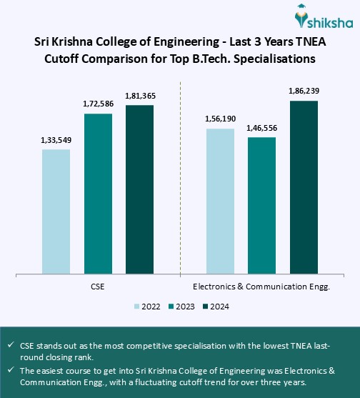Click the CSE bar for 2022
(56, 212)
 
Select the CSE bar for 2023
(98, 194)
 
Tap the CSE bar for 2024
(140, 189)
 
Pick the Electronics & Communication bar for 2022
(220, 201)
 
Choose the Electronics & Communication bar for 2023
(261, 205)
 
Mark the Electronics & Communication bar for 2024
(304, 187)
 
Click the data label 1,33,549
(56, 139)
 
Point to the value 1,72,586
(98, 104)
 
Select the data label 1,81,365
(140, 96)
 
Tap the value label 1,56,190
(220, 120)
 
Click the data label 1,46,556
(261, 128)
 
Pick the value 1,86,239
(304, 91)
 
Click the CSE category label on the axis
(98, 287)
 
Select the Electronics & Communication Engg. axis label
(261, 287)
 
